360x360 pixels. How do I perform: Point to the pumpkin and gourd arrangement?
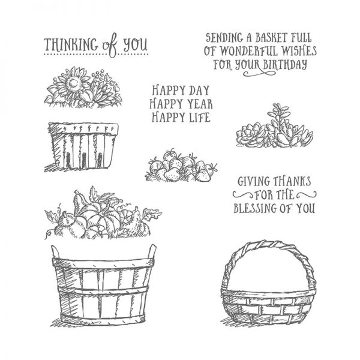click(x=99, y=219)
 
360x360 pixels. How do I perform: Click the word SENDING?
click(x=222, y=37)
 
